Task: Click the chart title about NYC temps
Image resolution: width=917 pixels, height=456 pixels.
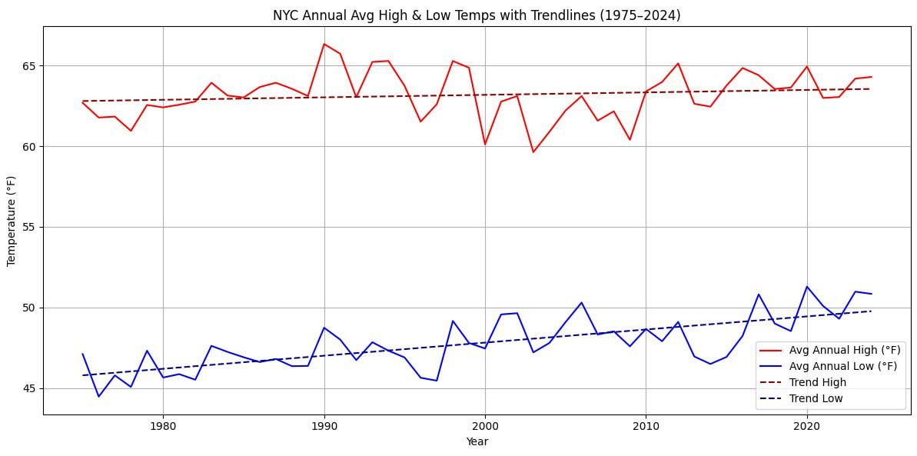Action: pyautogui.click(x=477, y=14)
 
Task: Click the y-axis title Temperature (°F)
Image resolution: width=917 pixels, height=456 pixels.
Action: pyautogui.click(x=12, y=221)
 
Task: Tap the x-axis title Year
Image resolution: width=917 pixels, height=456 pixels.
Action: pyautogui.click(x=477, y=441)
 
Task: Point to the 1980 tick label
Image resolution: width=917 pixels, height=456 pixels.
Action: pyautogui.click(x=162, y=425)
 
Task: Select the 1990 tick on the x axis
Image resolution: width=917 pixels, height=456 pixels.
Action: pyautogui.click(x=324, y=425)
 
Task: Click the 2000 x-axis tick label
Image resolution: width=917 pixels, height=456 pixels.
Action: pyautogui.click(x=484, y=425)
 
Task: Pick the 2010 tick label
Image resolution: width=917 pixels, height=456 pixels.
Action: pyautogui.click(x=646, y=425)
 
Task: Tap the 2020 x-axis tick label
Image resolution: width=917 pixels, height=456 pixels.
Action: pyautogui.click(x=806, y=425)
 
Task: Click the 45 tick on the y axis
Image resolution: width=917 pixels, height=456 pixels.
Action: pyautogui.click(x=30, y=388)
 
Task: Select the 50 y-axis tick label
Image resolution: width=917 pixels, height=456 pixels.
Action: pyautogui.click(x=30, y=308)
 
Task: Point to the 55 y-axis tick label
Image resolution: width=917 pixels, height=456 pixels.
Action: pyautogui.click(x=30, y=227)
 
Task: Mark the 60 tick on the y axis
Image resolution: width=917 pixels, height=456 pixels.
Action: pyautogui.click(x=30, y=146)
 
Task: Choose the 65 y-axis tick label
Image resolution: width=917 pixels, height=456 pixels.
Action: pyautogui.click(x=30, y=65)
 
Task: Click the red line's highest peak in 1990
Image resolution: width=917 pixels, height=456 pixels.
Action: pyautogui.click(x=324, y=44)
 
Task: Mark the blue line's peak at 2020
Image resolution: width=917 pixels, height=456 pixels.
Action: pyautogui.click(x=806, y=287)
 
